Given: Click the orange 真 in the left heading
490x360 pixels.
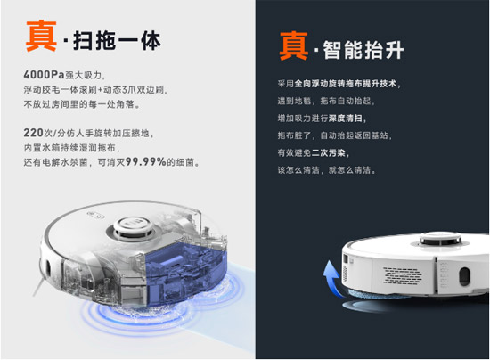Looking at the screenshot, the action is (x=41, y=36).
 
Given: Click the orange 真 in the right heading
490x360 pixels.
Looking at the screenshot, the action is (x=294, y=45).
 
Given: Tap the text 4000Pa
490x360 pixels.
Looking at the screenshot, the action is (x=44, y=75).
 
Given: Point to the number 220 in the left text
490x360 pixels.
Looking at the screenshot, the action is (x=33, y=133).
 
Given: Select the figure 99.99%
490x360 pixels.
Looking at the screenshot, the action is (x=145, y=161).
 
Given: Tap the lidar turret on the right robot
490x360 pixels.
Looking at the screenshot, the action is (x=440, y=239).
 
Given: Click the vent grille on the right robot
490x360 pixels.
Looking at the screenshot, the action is (x=402, y=275).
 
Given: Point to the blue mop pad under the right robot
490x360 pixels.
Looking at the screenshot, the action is (x=376, y=293).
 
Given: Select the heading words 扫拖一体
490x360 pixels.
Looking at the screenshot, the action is (x=117, y=41).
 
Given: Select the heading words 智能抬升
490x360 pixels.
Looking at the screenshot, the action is (x=363, y=50).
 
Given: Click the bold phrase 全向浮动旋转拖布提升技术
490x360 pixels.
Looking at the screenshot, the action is (x=346, y=84).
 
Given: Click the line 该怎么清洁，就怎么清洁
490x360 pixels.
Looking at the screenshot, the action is (x=326, y=170).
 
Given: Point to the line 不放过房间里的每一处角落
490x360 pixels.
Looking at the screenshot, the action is (x=82, y=104).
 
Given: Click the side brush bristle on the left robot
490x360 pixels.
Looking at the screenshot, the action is (x=38, y=287).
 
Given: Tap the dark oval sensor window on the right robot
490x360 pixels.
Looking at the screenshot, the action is (x=465, y=276).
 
